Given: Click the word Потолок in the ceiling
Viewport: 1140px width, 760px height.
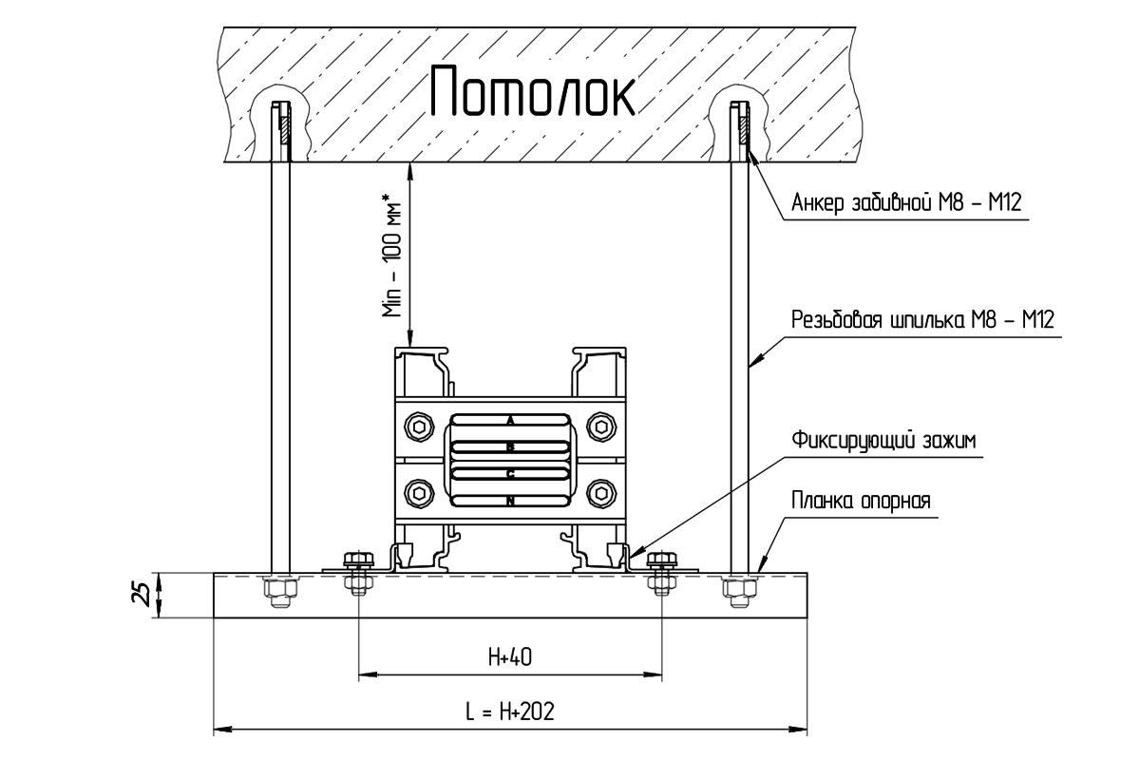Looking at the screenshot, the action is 532,90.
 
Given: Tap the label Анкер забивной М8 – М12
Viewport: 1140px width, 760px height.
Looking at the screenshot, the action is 906,202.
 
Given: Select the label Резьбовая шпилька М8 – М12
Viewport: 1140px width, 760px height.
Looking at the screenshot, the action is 922,320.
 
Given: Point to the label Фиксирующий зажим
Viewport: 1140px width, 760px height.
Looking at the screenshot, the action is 884,441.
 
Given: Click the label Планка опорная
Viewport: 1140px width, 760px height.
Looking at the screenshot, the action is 861,501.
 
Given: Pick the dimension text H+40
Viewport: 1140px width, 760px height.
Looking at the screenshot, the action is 510,657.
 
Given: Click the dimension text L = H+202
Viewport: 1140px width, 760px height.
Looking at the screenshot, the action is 510,712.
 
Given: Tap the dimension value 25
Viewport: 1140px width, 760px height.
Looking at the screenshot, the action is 142,595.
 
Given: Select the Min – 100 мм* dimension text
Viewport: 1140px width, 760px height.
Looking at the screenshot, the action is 391,255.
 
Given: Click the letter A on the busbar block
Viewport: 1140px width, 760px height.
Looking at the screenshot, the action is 510,421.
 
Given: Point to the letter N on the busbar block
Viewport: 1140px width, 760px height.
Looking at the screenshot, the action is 510,502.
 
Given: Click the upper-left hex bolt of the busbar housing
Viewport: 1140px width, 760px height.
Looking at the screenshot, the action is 419,427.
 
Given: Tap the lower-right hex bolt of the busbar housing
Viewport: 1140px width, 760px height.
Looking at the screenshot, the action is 601,493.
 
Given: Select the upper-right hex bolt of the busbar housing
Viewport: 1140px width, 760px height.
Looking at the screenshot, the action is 601,427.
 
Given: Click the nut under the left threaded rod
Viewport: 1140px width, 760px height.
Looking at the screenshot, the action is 280,592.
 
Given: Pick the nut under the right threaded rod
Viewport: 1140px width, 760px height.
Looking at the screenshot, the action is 739,592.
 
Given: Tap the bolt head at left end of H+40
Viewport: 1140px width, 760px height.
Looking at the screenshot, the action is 359,560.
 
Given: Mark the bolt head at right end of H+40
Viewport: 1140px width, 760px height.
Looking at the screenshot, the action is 661,560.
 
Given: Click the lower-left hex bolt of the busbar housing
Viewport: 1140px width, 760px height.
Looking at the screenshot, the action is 419,493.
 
